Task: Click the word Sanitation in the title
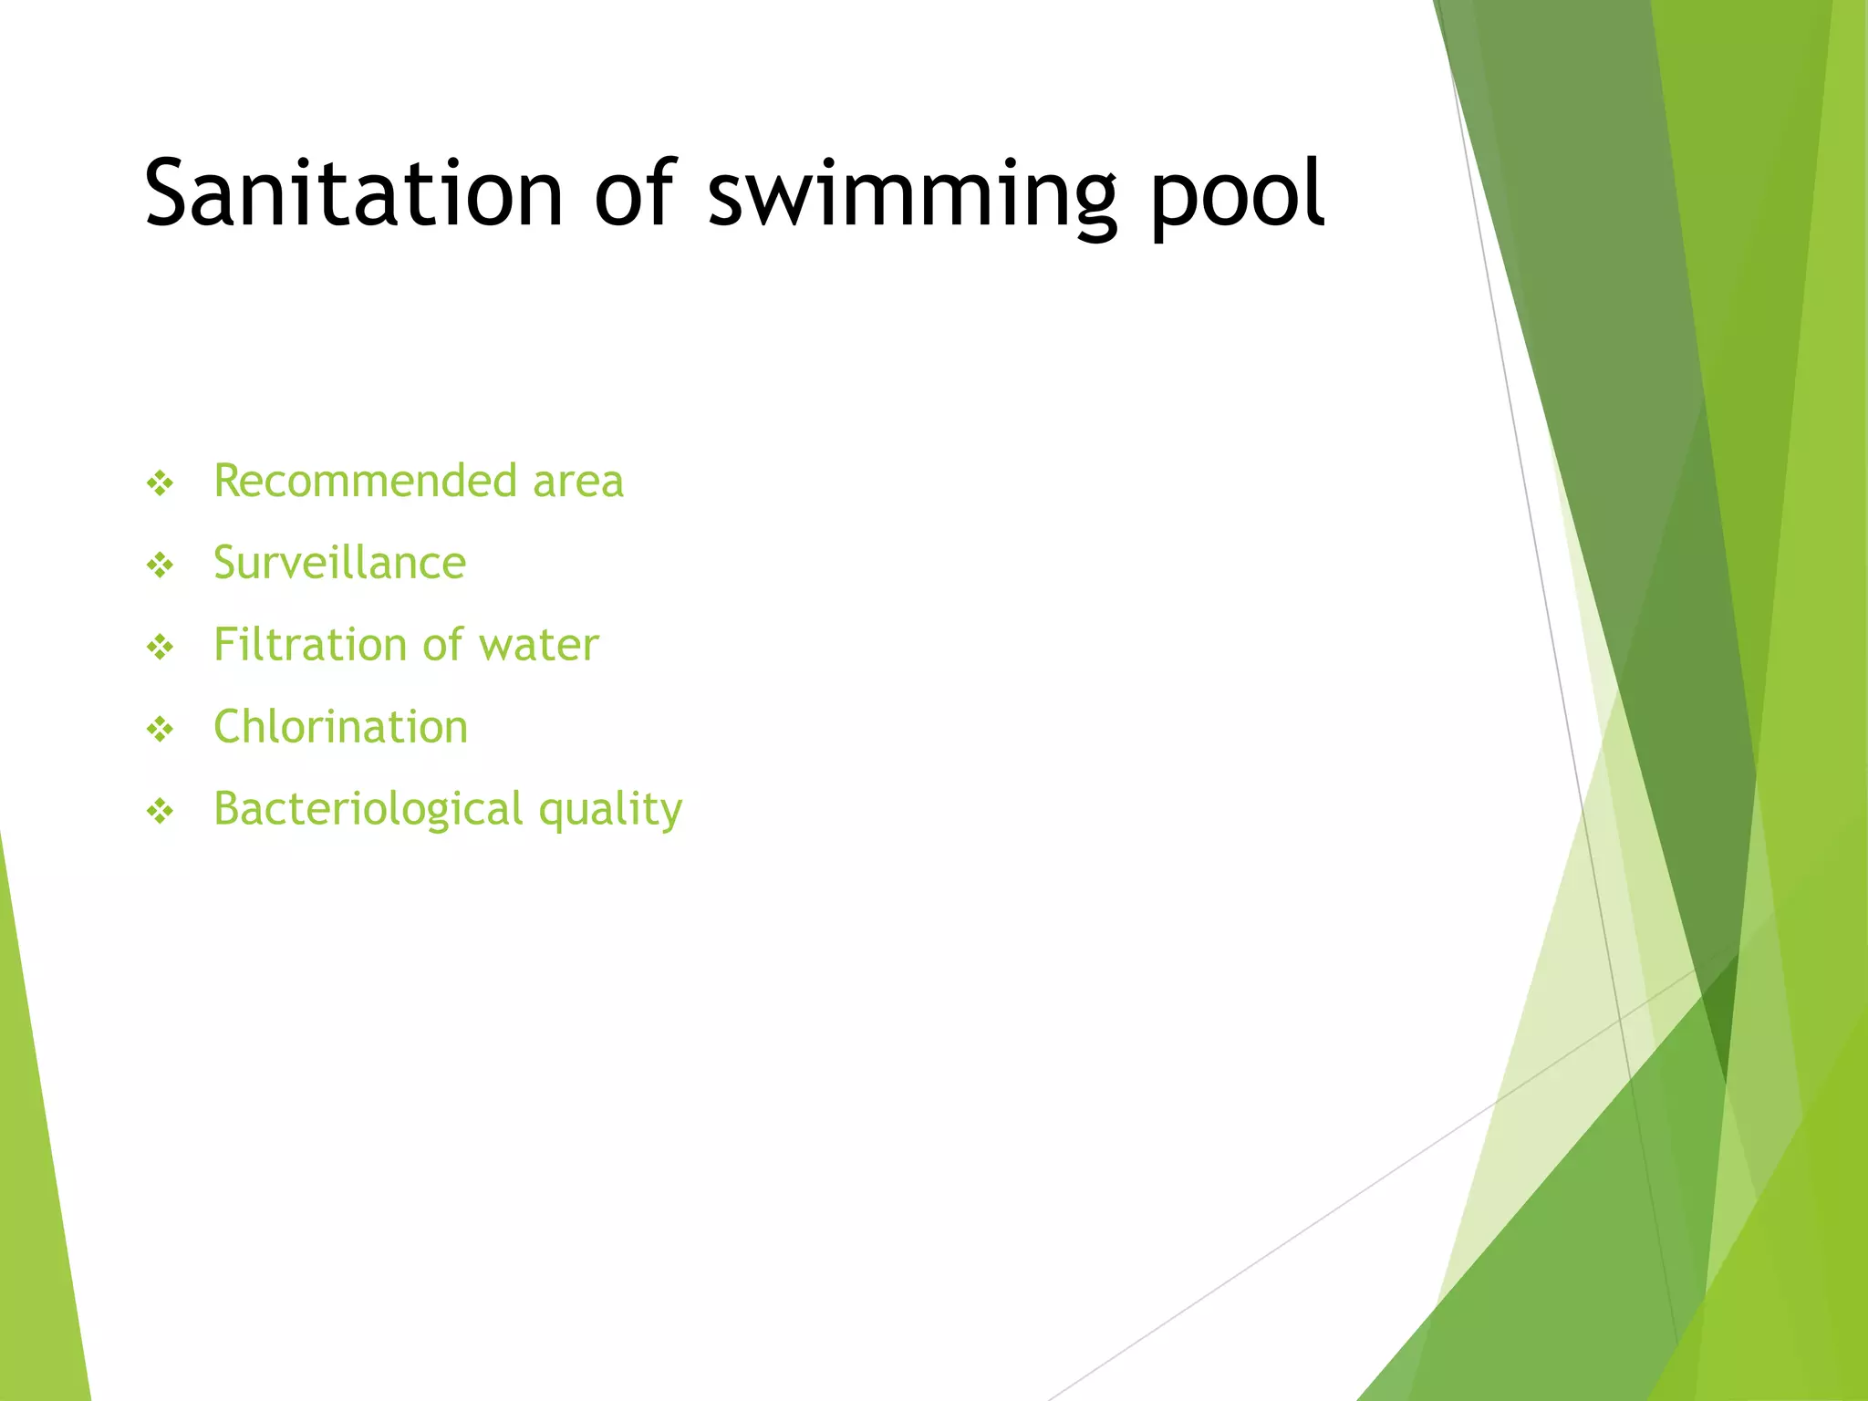point(354,193)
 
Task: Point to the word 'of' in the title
point(635,193)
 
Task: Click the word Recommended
point(365,481)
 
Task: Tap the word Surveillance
point(339,563)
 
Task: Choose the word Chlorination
point(340,727)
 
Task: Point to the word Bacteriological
point(368,809)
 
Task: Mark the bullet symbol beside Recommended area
point(161,483)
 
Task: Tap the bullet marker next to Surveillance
point(161,566)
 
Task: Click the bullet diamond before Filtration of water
point(161,648)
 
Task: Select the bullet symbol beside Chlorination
point(161,729)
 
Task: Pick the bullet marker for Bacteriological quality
point(161,811)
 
